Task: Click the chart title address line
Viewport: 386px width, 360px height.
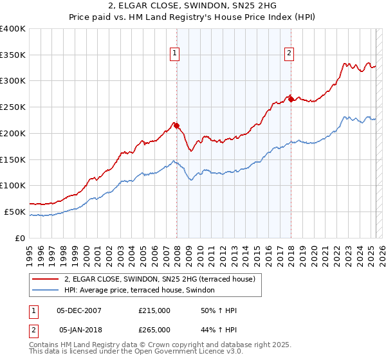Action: (193, 6)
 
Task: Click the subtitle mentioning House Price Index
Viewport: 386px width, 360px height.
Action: (193, 18)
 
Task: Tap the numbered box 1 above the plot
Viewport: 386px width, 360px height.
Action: (174, 53)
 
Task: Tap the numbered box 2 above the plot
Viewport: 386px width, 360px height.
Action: (289, 53)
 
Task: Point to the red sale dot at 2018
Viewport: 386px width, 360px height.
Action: (291, 99)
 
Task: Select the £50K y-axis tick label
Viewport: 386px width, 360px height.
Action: (15, 212)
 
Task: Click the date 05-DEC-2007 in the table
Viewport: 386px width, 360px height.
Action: (79, 310)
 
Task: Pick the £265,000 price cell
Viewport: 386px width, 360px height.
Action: (154, 330)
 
